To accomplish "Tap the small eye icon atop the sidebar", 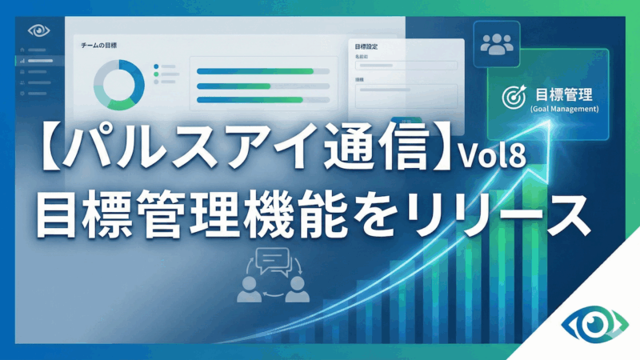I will click(x=38, y=31).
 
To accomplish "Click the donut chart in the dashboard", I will click(x=118, y=83).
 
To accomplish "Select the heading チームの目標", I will click(x=100, y=46).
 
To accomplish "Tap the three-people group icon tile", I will click(x=497, y=45).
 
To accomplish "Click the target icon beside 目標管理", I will click(x=511, y=96).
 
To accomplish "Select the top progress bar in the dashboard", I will click(x=262, y=71).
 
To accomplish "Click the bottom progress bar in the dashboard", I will click(x=262, y=99).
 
